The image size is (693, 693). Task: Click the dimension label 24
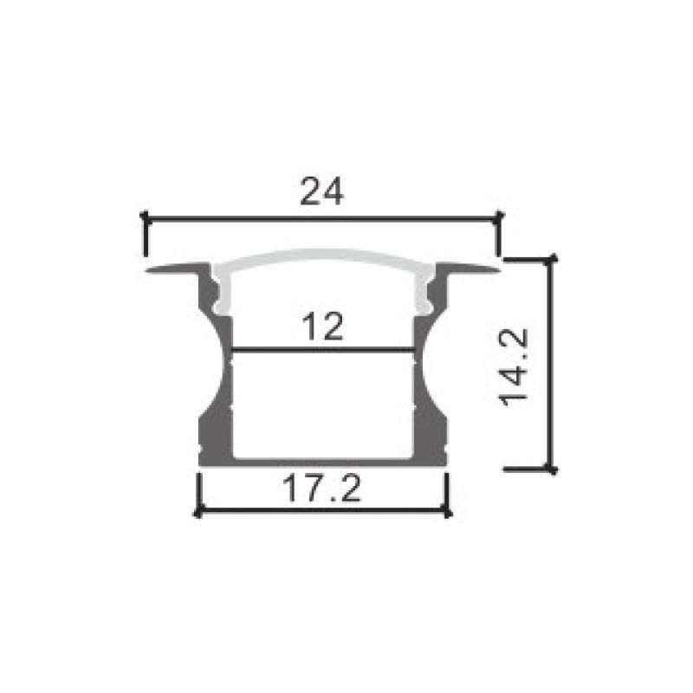tap(321, 191)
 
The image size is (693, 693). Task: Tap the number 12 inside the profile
tap(322, 327)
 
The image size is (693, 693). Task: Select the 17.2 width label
tap(321, 488)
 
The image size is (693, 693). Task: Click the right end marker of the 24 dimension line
tap(499, 217)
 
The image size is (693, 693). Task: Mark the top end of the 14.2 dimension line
tap(551, 259)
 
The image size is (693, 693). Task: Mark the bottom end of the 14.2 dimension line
tap(551, 469)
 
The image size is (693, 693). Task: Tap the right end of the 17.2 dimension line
tap(447, 513)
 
